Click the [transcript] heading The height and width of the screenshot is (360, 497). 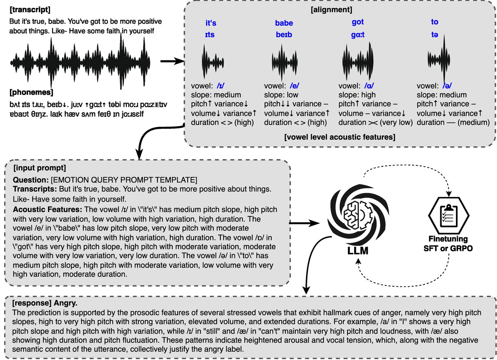[30, 10]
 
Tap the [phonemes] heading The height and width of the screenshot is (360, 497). [31, 92]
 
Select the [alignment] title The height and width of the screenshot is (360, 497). [331, 10]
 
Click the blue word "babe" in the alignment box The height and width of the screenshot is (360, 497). [284, 23]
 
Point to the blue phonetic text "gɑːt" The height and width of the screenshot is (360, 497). [358, 35]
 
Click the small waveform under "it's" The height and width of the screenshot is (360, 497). [213, 61]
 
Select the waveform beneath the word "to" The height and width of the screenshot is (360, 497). [439, 60]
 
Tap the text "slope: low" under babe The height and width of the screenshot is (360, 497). [281, 95]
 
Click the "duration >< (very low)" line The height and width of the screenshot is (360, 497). [375, 122]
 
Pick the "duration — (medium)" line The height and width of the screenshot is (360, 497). [453, 122]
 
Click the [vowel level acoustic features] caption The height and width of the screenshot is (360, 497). [340, 137]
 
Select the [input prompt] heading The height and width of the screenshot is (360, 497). [40, 168]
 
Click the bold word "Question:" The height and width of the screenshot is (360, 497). [31, 180]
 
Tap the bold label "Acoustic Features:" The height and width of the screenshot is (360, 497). [48, 209]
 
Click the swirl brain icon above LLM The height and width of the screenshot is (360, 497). [358, 215]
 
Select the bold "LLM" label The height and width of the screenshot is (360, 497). [358, 251]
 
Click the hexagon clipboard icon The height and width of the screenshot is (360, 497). [449, 215]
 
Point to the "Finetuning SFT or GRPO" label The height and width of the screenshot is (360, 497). [448, 244]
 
